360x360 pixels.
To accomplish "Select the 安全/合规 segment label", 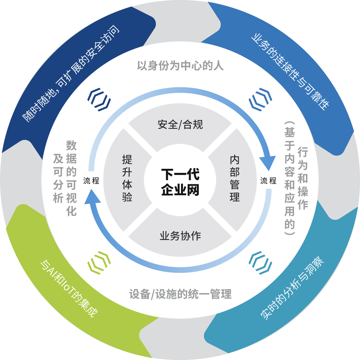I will [180, 125].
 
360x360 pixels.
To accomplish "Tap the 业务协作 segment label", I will [180, 236].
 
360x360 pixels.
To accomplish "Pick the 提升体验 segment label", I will [127, 179].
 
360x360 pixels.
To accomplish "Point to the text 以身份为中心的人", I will [180, 66].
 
